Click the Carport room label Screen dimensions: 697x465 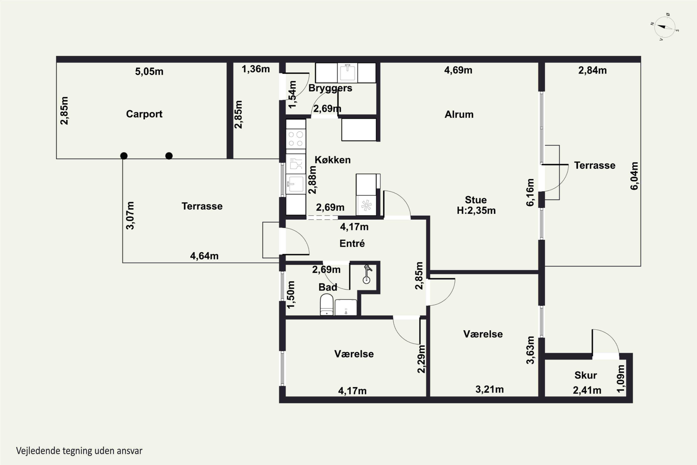point(144,114)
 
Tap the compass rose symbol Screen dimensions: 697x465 point(665,27)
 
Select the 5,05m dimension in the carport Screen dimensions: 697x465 point(149,71)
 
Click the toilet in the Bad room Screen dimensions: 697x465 point(327,305)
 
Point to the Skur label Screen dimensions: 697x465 point(585,375)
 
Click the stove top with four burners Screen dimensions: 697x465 point(296,139)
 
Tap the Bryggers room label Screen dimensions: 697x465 point(330,88)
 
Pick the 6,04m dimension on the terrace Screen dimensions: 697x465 point(634,176)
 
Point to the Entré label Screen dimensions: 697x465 point(352,243)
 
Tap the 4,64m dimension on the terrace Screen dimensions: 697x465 point(204,256)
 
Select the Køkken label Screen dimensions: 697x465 point(332,160)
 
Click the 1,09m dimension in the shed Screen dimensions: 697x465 point(621,379)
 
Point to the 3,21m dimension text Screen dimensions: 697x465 point(490,389)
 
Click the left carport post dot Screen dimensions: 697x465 point(124,156)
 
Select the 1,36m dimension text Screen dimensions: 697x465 point(256,69)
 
